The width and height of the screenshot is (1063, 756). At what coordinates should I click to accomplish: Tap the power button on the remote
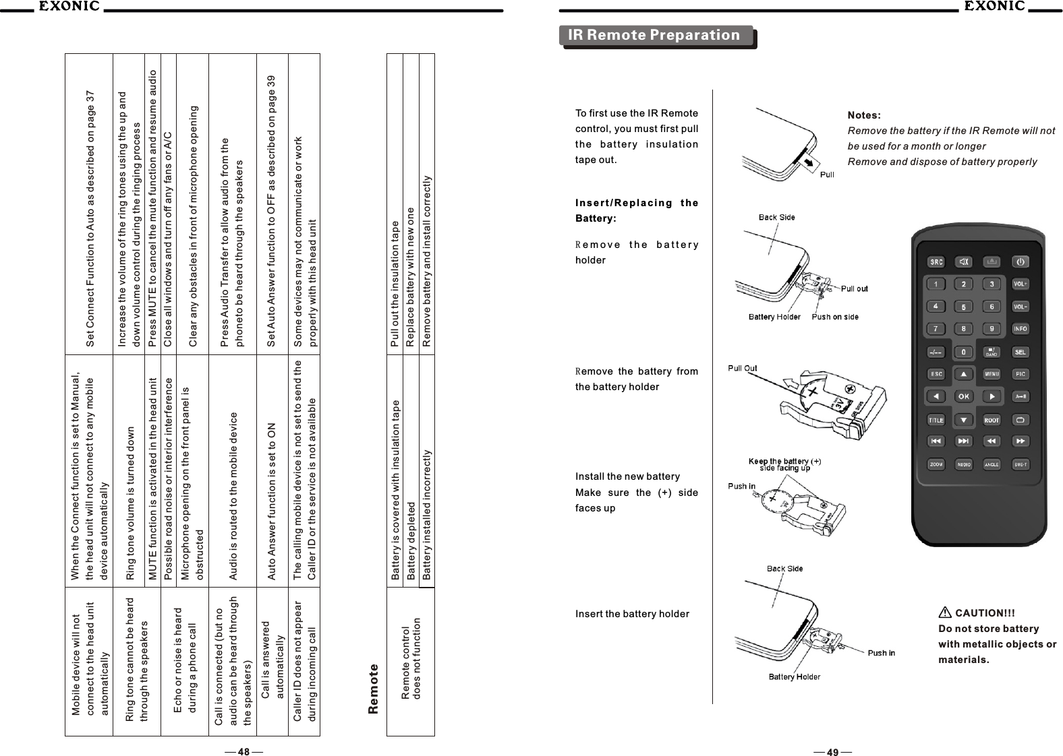point(1021,262)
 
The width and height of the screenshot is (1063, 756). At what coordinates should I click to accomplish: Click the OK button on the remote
point(964,396)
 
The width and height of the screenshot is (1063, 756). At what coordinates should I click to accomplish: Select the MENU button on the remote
point(992,374)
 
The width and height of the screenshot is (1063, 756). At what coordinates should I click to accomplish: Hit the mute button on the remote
point(964,262)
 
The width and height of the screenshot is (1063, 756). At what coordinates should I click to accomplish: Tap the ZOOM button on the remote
point(936,464)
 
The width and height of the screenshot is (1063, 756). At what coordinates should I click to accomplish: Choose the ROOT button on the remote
point(992,420)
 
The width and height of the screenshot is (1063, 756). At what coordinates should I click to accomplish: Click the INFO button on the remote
point(1021,329)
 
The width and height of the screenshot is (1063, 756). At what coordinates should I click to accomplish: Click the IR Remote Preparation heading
point(654,35)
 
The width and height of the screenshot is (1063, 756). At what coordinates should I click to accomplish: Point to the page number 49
point(832,752)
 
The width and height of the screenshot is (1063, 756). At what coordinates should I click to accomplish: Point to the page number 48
point(243,752)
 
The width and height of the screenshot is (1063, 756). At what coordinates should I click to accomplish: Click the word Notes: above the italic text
point(864,115)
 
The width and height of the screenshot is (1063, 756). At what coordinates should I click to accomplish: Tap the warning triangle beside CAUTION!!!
point(945,613)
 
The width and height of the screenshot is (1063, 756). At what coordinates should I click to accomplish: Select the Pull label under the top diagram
point(826,175)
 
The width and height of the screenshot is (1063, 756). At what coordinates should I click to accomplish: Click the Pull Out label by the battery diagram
point(742,368)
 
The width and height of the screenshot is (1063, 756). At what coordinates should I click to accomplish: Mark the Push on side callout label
point(835,317)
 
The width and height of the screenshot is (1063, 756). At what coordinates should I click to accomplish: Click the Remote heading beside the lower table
point(374,688)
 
